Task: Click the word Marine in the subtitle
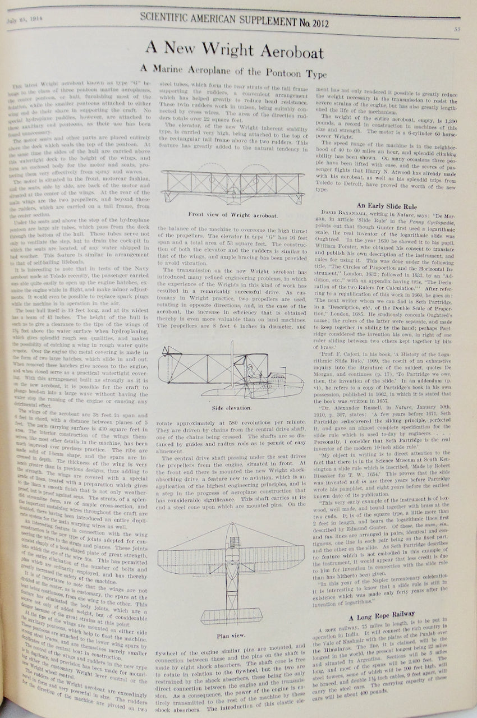[165, 71]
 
